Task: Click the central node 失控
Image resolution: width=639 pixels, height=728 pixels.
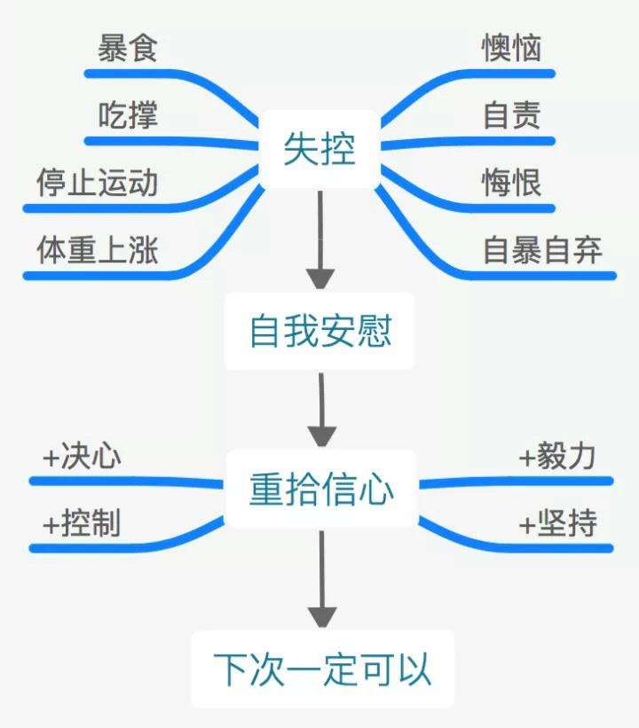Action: (319, 150)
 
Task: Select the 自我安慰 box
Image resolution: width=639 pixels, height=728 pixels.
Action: (319, 333)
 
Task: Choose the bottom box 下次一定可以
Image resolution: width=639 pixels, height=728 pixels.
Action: (322, 669)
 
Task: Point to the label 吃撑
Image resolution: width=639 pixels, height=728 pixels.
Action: (128, 115)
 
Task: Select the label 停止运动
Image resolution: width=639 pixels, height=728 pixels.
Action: (98, 183)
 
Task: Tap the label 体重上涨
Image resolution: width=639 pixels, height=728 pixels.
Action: (98, 251)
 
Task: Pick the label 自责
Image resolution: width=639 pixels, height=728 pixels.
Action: (512, 115)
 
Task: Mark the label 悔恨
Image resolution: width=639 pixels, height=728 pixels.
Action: (512, 183)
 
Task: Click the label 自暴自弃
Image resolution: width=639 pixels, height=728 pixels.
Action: (542, 251)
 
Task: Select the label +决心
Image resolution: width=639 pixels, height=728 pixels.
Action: (83, 458)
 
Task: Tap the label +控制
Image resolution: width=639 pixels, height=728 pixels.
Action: (83, 524)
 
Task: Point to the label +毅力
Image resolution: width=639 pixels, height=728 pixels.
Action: (557, 458)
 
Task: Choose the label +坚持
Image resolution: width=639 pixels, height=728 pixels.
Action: (557, 524)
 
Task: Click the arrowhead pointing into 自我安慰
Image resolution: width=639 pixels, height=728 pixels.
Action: (319, 277)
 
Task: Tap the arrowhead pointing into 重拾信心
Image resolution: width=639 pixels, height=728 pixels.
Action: (321, 435)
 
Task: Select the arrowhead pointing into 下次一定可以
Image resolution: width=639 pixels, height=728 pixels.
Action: (322, 616)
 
